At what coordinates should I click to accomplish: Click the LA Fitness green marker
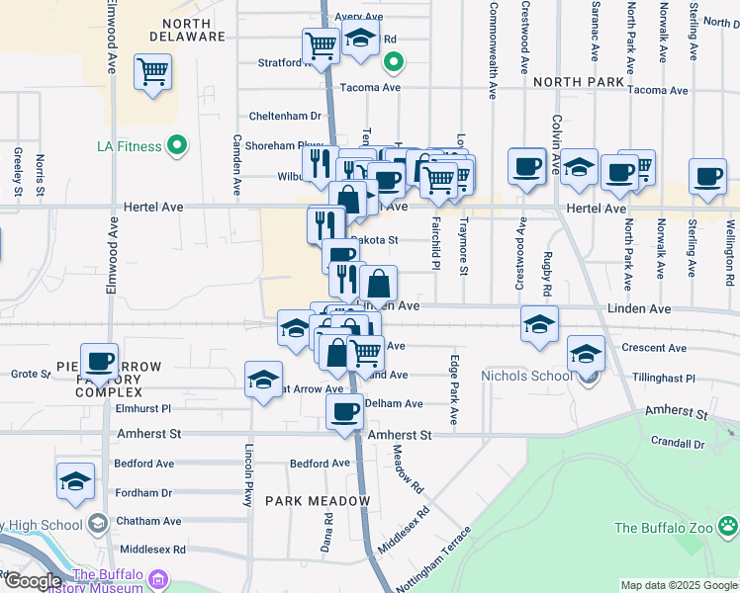pos(177,146)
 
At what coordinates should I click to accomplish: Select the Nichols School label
pos(525,375)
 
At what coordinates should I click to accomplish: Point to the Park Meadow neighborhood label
pos(317,501)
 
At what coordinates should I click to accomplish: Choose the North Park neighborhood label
pos(579,82)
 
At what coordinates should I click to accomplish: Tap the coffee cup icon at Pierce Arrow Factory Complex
pos(99,361)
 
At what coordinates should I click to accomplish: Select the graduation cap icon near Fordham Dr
pos(75,480)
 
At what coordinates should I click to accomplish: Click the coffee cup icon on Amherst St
pos(344,410)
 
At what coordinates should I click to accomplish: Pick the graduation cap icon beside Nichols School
pos(587,353)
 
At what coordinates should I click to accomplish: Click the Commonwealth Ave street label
pos(492,49)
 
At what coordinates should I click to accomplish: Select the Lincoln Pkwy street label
pos(249,475)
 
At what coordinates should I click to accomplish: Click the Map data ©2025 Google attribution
pos(678,585)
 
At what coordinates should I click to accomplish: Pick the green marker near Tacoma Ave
pos(393,64)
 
